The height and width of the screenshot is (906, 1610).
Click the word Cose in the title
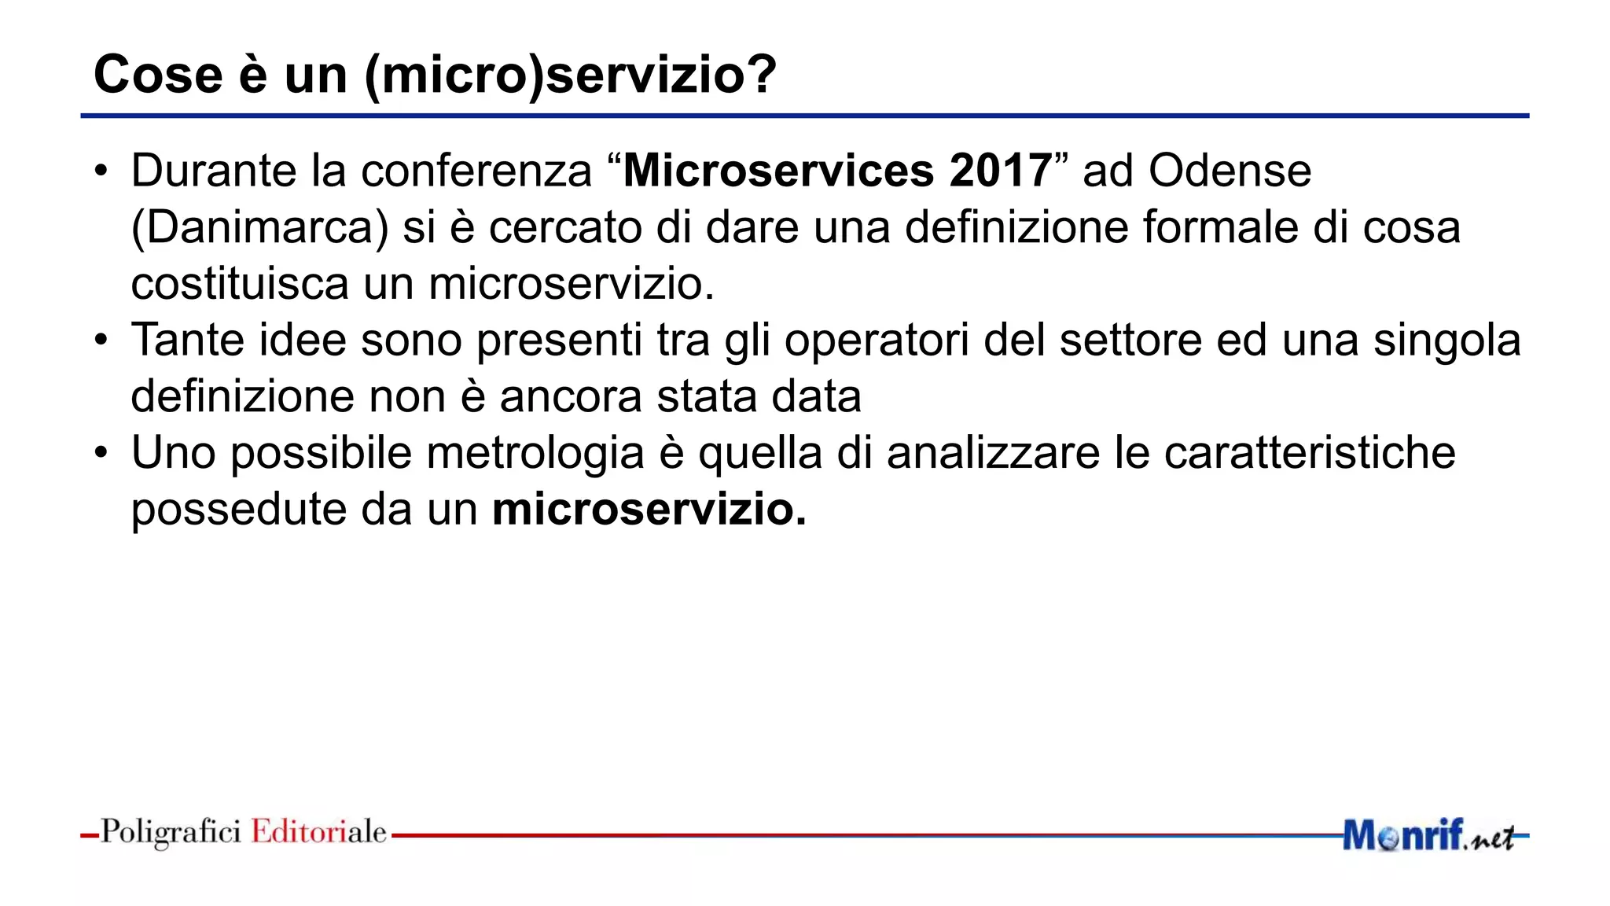[x=158, y=75]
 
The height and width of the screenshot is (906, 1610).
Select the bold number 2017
[x=1000, y=171]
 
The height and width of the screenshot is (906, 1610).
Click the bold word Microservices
[x=778, y=171]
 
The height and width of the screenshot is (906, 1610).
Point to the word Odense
[x=1230, y=171]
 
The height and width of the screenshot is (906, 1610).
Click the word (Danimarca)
[x=259, y=228]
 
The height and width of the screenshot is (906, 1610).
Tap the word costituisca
[x=239, y=284]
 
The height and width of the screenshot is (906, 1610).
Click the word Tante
[x=188, y=341]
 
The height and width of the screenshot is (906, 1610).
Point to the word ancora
[x=571, y=396]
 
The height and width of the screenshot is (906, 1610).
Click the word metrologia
[x=535, y=454]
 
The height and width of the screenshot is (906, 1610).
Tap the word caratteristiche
[x=1309, y=453]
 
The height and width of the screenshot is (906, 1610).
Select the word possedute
[x=239, y=510]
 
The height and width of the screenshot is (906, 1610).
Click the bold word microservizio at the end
[x=649, y=510]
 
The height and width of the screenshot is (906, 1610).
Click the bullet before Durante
[x=101, y=171]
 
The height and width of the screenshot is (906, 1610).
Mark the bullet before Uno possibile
[x=101, y=453]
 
